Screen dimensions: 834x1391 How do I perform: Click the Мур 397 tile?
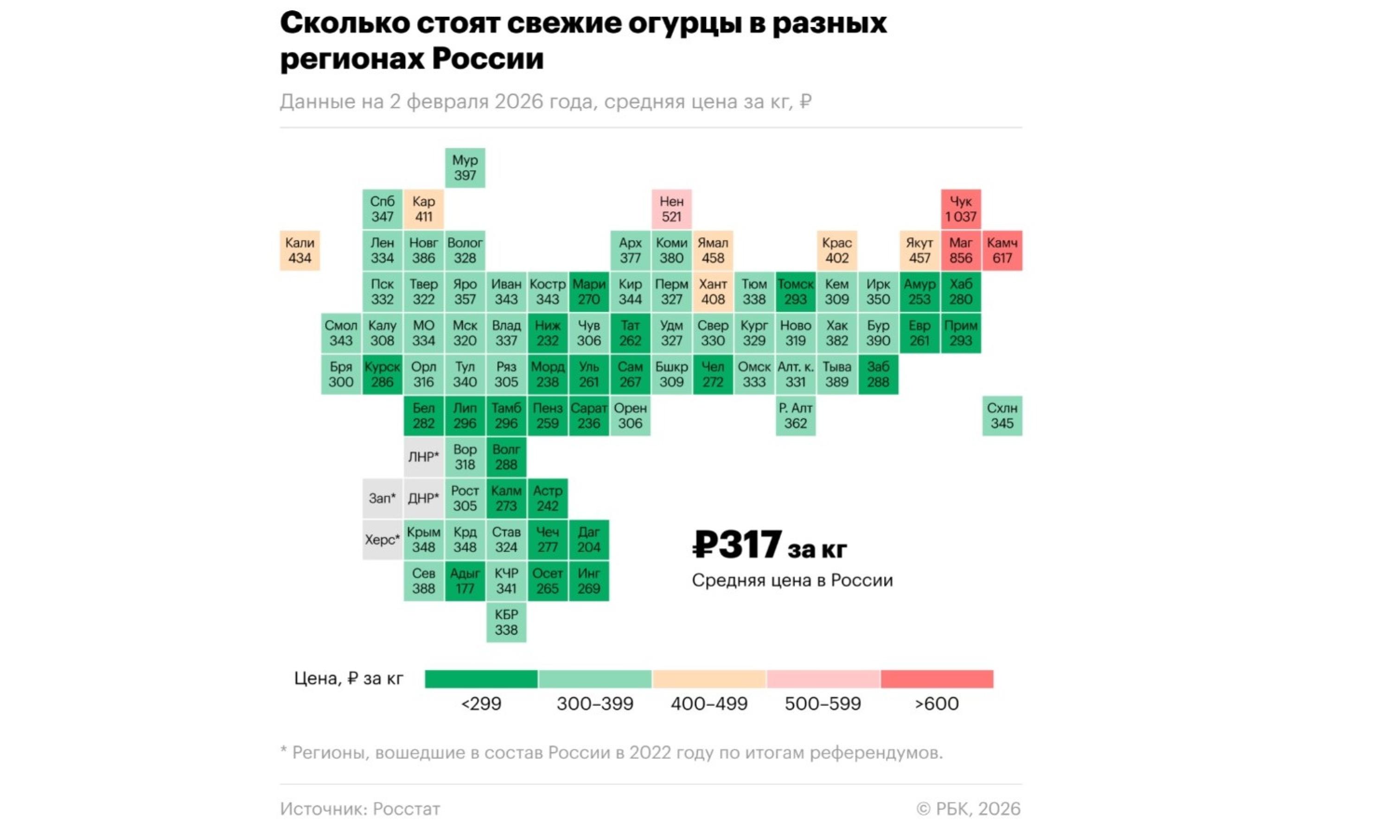[x=465, y=167]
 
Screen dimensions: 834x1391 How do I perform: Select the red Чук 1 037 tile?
[x=960, y=208]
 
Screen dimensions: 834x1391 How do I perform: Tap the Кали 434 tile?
[x=300, y=250]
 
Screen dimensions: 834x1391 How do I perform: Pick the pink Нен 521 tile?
[x=671, y=208]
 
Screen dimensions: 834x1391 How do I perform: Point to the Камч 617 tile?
[x=1002, y=250]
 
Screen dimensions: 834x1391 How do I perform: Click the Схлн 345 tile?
[x=1002, y=415]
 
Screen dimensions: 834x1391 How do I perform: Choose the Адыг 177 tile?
[x=465, y=581]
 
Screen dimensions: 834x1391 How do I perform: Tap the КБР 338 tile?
[x=506, y=622]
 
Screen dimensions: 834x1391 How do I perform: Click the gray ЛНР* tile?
[x=423, y=457]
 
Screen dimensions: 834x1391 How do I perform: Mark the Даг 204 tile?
[x=589, y=539]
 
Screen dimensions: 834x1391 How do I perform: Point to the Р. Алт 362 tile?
[x=795, y=415]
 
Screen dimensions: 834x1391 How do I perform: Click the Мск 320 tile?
[x=465, y=333]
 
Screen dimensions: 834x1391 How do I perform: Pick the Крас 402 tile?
[x=836, y=250]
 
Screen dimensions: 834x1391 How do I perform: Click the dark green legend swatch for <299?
[x=481, y=678]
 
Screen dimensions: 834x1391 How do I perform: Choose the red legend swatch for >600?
[x=937, y=678]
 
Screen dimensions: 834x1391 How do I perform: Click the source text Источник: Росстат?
[x=360, y=809]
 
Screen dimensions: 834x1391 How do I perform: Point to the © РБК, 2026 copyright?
[x=968, y=809]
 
